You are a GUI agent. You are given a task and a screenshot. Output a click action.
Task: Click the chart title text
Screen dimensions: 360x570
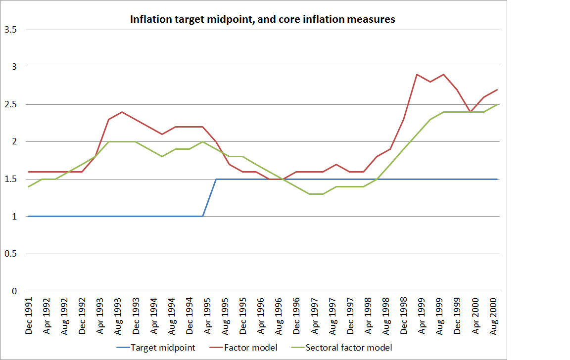(x=262, y=19)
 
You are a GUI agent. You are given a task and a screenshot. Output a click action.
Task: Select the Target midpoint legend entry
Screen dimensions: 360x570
(x=163, y=348)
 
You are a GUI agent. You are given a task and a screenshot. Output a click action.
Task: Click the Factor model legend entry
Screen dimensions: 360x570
(x=251, y=348)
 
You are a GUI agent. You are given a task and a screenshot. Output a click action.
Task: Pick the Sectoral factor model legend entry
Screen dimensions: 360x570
(x=349, y=348)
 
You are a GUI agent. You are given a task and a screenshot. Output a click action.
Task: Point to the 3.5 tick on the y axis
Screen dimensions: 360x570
(x=11, y=30)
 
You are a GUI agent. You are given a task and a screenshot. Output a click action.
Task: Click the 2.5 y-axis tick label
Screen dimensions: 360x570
(x=11, y=104)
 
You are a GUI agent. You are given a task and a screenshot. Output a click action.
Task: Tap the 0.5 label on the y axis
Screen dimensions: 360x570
(x=11, y=254)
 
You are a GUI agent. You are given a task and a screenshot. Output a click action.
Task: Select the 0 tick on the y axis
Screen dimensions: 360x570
(x=14, y=291)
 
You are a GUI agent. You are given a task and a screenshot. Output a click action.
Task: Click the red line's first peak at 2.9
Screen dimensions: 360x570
(x=417, y=74)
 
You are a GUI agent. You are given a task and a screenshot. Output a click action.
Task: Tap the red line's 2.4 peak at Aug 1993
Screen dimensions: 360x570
(x=122, y=112)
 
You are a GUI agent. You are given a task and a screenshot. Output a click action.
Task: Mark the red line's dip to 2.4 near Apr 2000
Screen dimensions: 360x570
(x=471, y=112)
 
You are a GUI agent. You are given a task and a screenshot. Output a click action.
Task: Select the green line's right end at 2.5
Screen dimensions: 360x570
(x=497, y=104)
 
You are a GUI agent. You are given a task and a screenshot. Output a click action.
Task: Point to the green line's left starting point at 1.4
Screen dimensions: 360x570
(x=29, y=186)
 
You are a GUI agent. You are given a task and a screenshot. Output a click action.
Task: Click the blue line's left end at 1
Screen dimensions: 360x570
(x=29, y=216)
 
